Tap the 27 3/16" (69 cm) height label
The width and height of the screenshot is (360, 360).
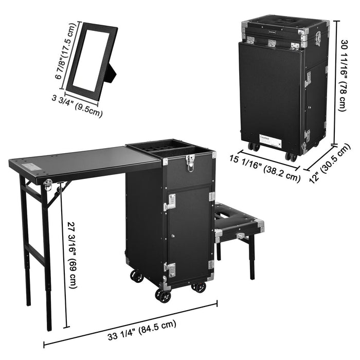pos(73,256)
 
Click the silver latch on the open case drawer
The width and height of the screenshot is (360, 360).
pos(189,162)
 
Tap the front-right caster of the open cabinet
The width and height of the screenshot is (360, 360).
pos(199,285)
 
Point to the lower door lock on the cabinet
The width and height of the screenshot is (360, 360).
pos(170,269)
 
